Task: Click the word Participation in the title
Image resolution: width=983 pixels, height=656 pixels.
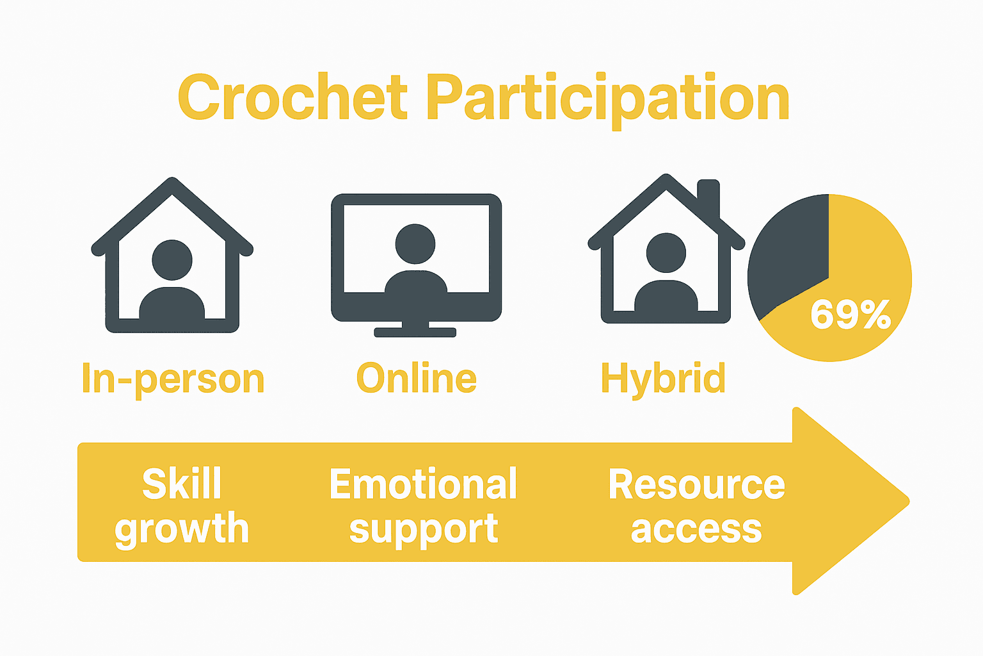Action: [x=607, y=99]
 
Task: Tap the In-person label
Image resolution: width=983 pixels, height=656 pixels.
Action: [x=173, y=379]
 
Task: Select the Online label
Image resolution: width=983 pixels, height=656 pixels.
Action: [x=416, y=378]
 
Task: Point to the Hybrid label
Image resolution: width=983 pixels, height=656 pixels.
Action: [x=663, y=379]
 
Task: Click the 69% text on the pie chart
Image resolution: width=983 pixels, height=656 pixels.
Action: [x=850, y=315]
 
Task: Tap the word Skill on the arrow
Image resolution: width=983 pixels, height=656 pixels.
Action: [x=182, y=484]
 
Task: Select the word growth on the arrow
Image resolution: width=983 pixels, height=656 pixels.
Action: [x=182, y=529]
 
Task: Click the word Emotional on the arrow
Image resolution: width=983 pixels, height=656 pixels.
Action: [x=423, y=484]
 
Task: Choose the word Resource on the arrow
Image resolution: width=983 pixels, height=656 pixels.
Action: [x=696, y=484]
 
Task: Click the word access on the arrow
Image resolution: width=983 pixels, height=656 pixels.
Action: [x=696, y=530]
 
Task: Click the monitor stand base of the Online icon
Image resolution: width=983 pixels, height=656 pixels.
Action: [x=415, y=332]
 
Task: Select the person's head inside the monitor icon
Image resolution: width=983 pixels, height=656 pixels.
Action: [x=415, y=243]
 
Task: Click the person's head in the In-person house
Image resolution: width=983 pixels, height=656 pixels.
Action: [x=172, y=259]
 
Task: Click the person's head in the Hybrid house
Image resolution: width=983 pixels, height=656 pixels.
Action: [x=666, y=252]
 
